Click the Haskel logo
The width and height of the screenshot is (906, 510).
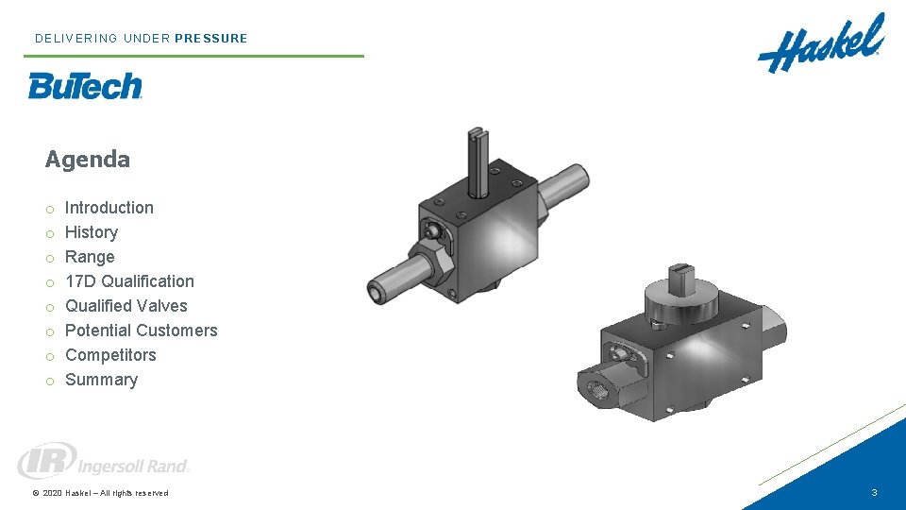(x=820, y=44)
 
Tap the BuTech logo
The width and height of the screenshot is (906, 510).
(x=85, y=86)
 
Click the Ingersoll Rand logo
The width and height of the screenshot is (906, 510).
(x=103, y=461)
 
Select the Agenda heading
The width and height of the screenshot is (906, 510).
(x=87, y=159)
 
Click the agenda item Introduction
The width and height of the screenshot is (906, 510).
(x=109, y=208)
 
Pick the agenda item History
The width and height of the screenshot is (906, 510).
(x=92, y=232)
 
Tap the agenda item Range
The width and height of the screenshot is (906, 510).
(x=90, y=257)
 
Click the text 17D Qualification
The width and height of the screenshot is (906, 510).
(x=129, y=281)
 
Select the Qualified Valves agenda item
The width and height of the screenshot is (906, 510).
(x=126, y=306)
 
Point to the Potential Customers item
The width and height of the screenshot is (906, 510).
(x=141, y=331)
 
